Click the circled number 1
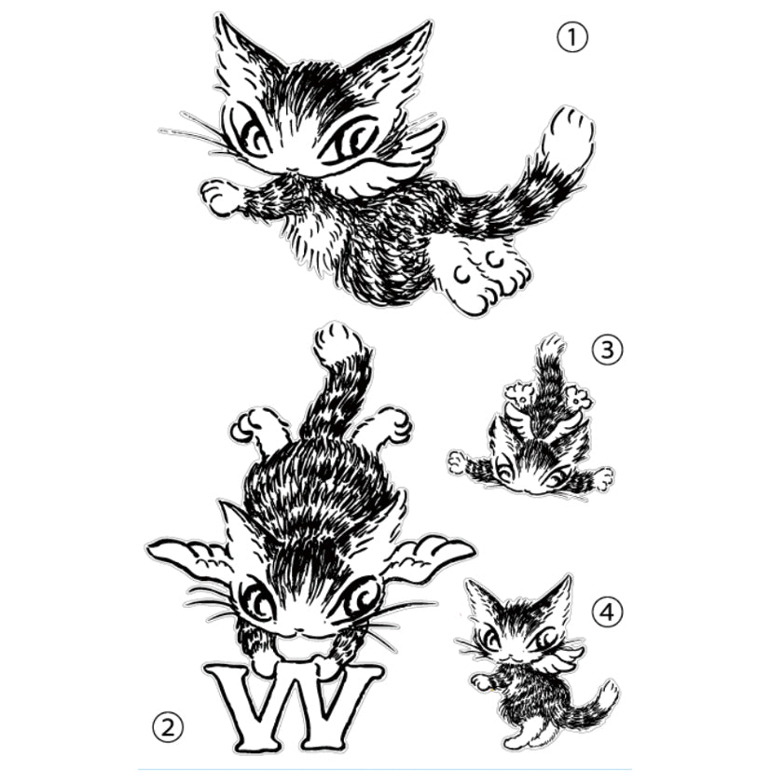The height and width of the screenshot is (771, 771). (x=572, y=38)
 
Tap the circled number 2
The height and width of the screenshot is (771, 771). (x=168, y=727)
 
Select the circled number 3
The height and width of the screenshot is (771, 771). (x=607, y=351)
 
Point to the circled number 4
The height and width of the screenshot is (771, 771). (x=608, y=613)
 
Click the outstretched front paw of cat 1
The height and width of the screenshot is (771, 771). (x=220, y=197)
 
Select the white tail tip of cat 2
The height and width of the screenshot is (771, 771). (x=337, y=344)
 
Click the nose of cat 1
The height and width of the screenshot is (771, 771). (x=293, y=171)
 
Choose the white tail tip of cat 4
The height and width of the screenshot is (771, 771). (x=607, y=695)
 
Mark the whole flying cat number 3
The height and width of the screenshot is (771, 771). (x=530, y=417)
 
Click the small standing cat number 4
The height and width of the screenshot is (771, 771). (x=536, y=661)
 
